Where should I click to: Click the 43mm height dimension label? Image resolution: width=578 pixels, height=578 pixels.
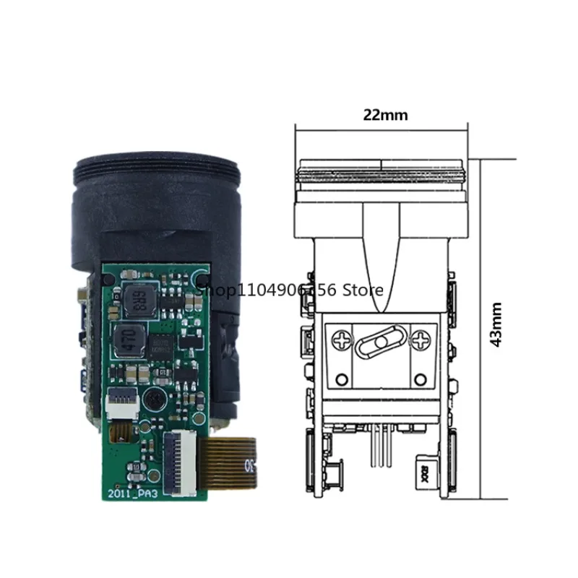pos(496,324)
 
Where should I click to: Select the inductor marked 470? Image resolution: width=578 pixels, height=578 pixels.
pos(128,340)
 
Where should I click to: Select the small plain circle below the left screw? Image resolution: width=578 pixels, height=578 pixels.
pos(338,379)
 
